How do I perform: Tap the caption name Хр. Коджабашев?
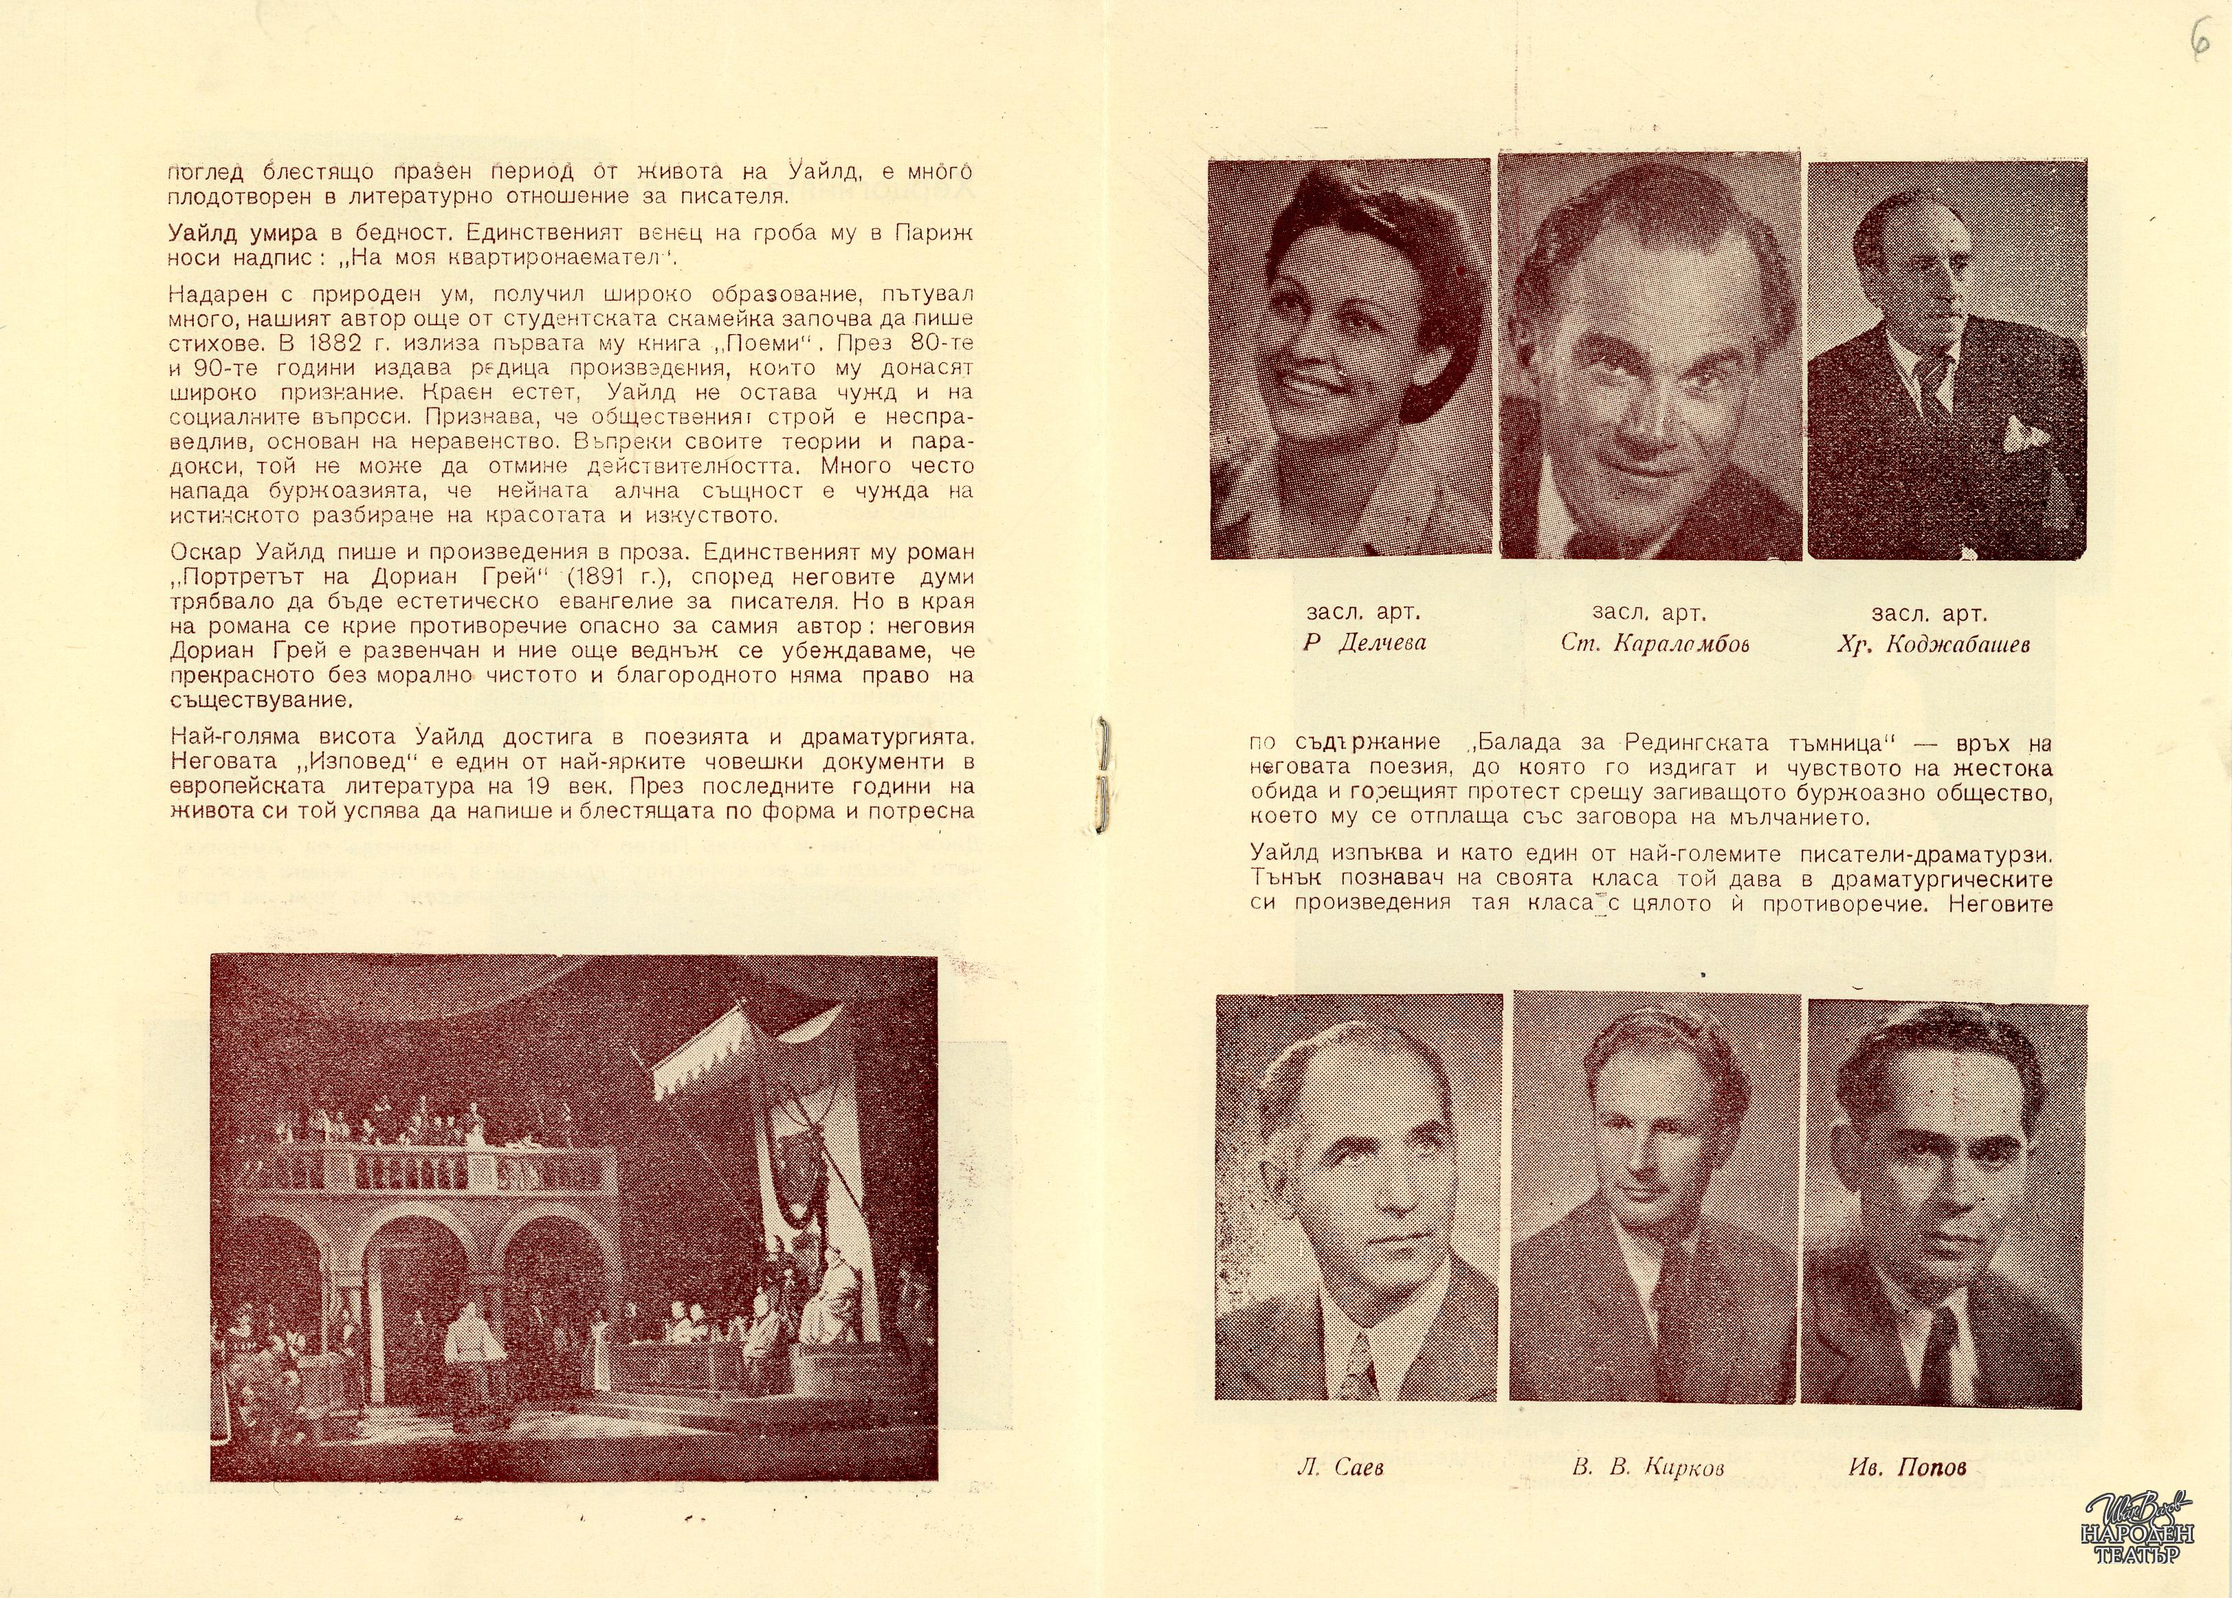coord(1932,645)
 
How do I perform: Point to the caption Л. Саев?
coord(1340,1468)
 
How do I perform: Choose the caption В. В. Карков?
coord(1648,1468)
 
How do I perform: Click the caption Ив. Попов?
coord(1908,1468)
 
